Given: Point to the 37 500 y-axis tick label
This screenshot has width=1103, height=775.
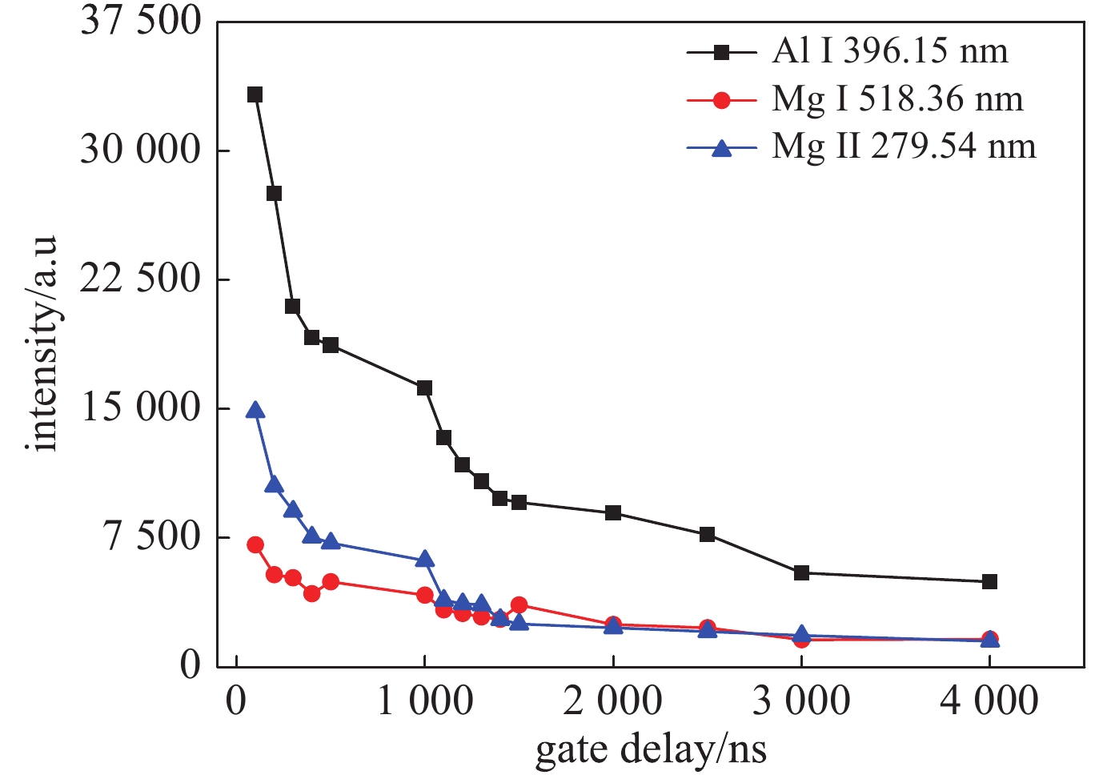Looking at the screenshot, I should [x=141, y=21].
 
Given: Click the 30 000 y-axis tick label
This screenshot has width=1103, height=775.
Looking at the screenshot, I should [x=141, y=150].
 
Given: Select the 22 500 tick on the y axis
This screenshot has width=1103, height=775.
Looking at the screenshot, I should [x=141, y=279].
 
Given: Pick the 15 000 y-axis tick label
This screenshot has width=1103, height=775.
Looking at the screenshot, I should [x=141, y=408].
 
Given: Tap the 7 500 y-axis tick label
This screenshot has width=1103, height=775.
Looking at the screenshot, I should [x=152, y=536].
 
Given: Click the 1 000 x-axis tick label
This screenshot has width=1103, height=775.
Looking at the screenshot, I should [x=424, y=701].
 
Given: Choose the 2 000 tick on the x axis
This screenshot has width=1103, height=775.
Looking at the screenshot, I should [x=612, y=701].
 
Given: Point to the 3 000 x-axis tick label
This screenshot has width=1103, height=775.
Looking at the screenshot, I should [x=801, y=701].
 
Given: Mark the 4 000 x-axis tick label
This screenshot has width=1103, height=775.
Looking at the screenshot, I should [x=989, y=701].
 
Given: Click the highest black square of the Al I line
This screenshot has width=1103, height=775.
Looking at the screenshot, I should [x=255, y=94].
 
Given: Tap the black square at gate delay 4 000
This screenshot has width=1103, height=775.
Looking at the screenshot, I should [x=989, y=582].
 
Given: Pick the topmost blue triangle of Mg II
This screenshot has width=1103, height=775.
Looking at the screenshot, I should [x=255, y=411].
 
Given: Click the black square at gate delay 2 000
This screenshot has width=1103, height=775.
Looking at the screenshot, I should [x=613, y=513].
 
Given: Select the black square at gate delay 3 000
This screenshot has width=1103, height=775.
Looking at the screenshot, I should [x=801, y=573].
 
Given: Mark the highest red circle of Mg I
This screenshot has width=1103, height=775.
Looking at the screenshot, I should [x=255, y=545].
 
